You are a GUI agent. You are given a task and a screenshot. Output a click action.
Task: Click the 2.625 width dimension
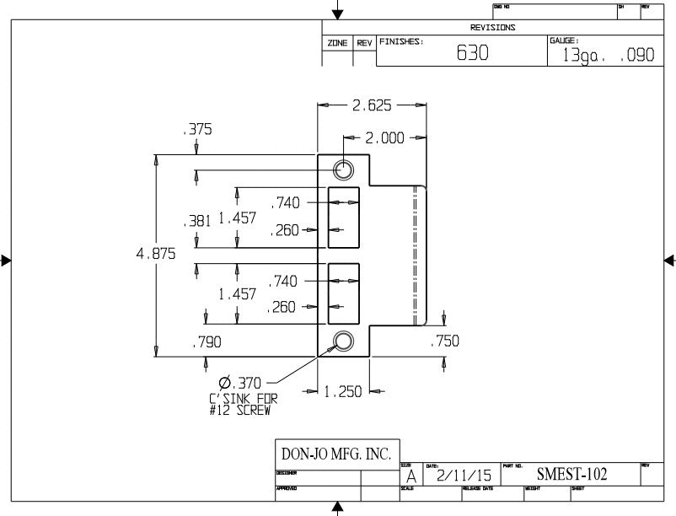(x=372, y=105)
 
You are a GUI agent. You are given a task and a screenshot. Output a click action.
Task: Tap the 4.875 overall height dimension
(x=157, y=254)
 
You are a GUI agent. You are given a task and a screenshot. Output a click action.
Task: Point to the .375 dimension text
(x=196, y=130)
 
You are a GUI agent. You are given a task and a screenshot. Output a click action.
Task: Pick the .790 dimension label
(x=207, y=342)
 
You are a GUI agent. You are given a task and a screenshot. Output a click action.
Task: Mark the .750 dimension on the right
(x=444, y=341)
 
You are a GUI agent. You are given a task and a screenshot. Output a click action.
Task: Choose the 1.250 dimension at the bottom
(x=344, y=391)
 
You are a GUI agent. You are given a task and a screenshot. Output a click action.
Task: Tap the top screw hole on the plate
(x=343, y=169)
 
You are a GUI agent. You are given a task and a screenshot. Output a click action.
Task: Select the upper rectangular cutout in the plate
(x=343, y=217)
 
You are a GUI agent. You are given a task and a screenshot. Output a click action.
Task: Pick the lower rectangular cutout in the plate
(x=343, y=293)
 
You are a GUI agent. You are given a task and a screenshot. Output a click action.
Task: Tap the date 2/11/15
(x=456, y=476)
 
